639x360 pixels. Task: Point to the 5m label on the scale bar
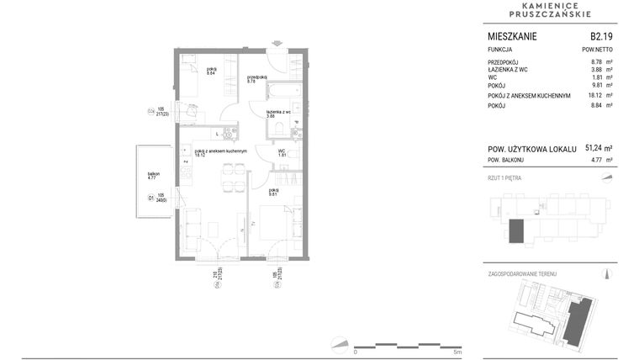tap(456, 352)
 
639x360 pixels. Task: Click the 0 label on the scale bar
tap(355, 352)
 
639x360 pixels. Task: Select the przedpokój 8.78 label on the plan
tap(256, 79)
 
